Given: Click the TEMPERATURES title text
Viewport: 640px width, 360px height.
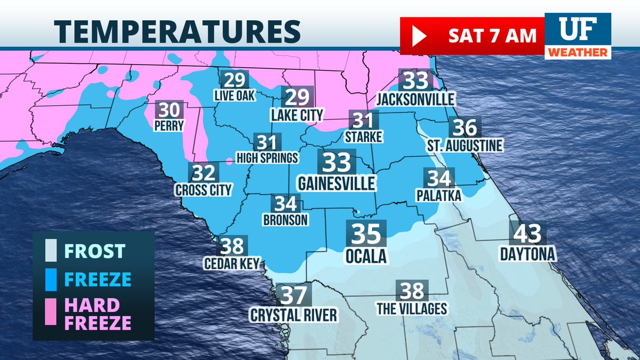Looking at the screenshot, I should point(177,31).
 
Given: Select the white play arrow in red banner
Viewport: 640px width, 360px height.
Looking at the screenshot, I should point(418,36).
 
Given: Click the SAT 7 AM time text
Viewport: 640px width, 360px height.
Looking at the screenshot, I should point(491,36).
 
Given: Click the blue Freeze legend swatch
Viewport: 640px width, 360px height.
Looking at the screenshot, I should point(51,278).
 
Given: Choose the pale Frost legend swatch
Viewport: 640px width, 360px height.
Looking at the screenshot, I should point(51,250).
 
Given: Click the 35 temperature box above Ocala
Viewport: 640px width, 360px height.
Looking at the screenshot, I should point(365,234).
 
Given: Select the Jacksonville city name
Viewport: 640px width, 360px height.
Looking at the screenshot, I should point(415,99).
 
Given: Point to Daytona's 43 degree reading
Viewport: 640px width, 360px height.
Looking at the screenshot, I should point(527,233).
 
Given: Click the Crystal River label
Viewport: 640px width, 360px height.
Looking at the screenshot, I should point(294,315).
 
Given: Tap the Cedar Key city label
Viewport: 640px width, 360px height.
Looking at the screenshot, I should point(231,263).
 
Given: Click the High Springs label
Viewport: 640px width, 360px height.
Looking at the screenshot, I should point(267,158).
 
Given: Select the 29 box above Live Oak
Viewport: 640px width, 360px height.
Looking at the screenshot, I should point(234,80).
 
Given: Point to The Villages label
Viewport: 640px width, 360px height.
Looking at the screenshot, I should point(411,308).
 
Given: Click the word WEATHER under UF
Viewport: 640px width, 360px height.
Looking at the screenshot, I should point(578,52).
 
